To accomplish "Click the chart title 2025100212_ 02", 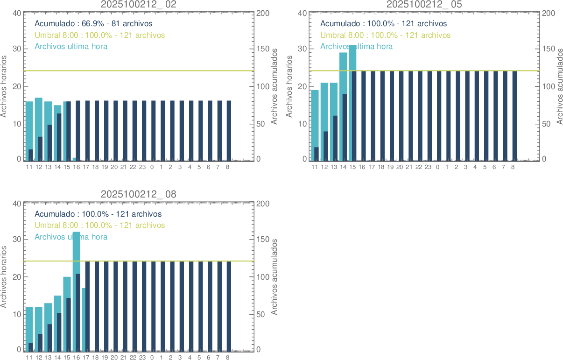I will [x=139, y=4].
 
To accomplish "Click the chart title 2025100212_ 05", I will [x=424, y=4].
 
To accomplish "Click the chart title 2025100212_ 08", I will [x=139, y=194].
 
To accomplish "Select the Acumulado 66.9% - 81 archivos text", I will [x=93, y=23].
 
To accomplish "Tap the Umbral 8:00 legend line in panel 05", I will [x=385, y=35].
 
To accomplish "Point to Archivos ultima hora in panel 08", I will [x=71, y=237].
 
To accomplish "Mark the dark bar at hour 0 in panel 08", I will [x=153, y=306].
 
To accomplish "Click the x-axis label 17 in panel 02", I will [x=86, y=167].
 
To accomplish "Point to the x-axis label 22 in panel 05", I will [x=419, y=167].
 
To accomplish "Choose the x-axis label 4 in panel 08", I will [x=190, y=357].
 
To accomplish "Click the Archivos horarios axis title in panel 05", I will [x=290, y=86].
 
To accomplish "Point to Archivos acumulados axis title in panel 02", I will [x=274, y=86].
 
